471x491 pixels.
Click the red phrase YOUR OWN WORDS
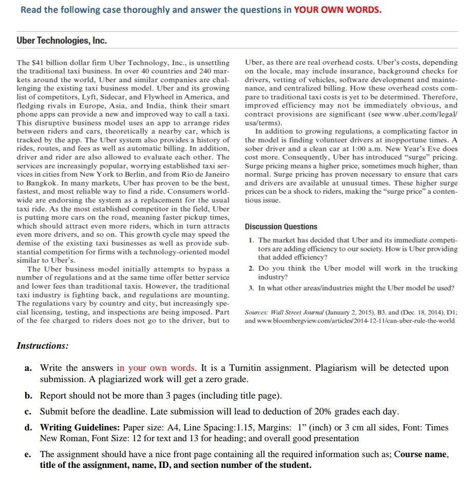337,10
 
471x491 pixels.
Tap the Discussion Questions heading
281,226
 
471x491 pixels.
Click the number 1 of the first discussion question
250,240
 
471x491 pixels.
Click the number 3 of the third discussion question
250,288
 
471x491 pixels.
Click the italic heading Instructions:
42,346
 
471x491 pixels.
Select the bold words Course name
421,455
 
